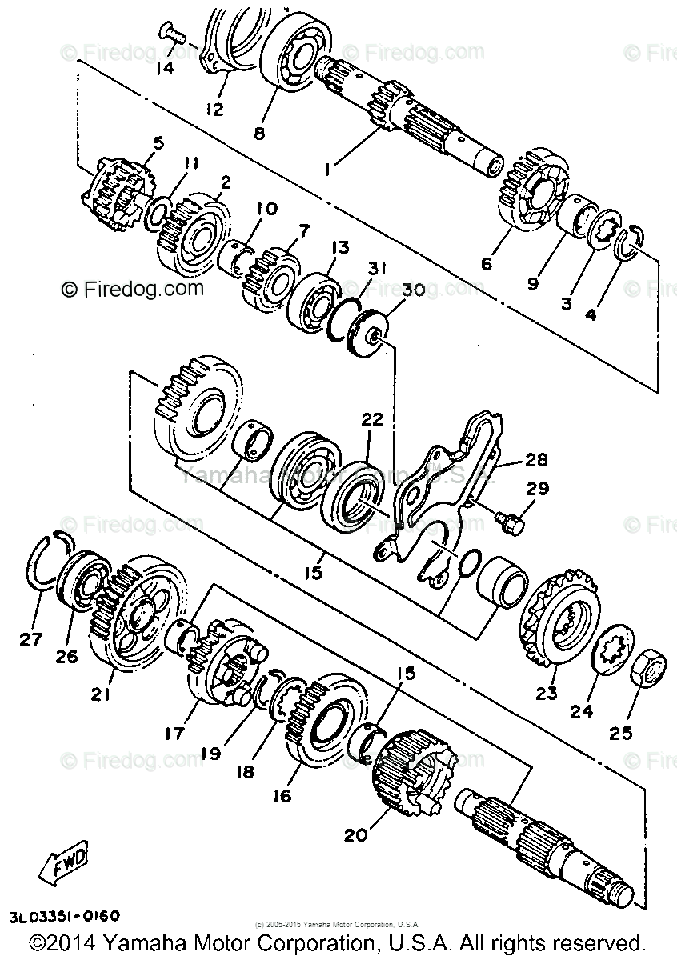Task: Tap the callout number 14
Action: click(164, 68)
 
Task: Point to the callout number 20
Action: click(356, 834)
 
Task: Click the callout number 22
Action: click(372, 418)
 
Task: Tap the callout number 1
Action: click(328, 169)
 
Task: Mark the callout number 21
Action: click(100, 695)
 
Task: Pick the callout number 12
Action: click(214, 109)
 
